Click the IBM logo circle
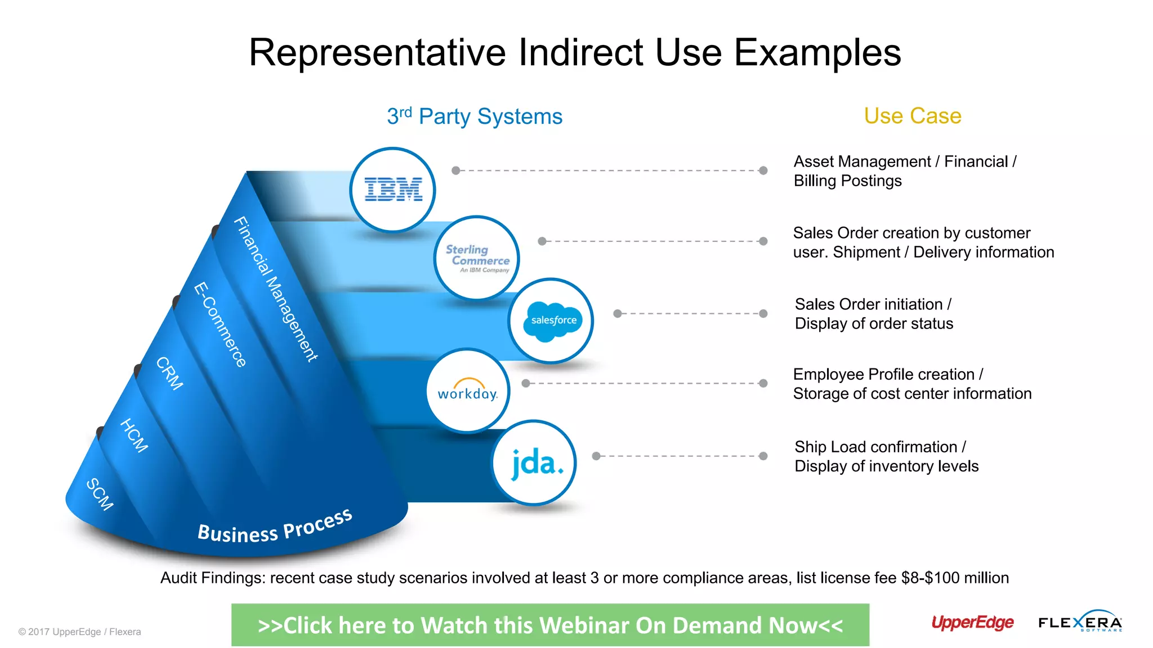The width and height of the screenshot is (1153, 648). (392, 190)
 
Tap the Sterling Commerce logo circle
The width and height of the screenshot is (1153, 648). (477, 258)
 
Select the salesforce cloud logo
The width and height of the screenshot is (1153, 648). (552, 321)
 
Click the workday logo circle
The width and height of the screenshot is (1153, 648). (468, 391)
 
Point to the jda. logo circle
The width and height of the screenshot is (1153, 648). (534, 463)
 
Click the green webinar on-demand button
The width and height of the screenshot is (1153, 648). (550, 625)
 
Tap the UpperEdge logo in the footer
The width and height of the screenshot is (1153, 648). (972, 623)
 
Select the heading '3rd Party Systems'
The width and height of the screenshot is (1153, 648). (475, 116)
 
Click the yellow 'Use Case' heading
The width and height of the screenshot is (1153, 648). (913, 116)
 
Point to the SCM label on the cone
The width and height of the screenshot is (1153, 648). (100, 494)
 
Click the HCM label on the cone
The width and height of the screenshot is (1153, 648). (135, 435)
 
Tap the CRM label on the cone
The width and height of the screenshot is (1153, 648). (169, 373)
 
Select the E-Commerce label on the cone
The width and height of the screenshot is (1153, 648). (220, 325)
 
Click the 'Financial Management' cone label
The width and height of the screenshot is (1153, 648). (276, 289)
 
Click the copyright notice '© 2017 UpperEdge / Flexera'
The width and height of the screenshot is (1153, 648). (79, 632)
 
